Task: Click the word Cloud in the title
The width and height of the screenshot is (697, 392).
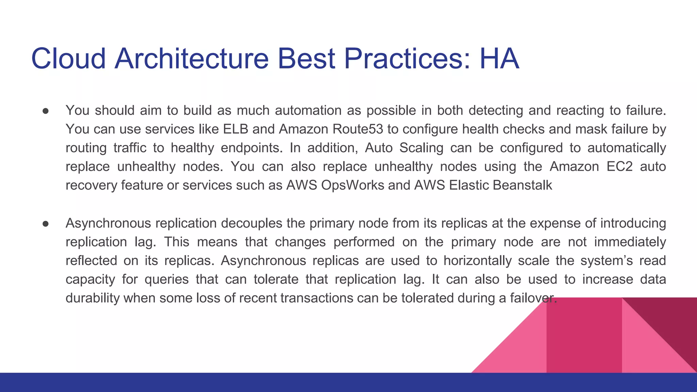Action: pyautogui.click(x=68, y=59)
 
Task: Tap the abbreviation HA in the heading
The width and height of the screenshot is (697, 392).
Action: pyautogui.click(x=499, y=59)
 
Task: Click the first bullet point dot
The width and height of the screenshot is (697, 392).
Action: pyautogui.click(x=46, y=111)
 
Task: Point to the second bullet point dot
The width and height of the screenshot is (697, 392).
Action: pyautogui.click(x=46, y=224)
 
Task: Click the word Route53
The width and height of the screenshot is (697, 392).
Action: pyautogui.click(x=358, y=129)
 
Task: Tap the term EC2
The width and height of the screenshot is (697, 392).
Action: pyautogui.click(x=619, y=167)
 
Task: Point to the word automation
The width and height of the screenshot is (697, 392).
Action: pyautogui.click(x=308, y=111)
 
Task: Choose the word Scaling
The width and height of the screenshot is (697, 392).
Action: pyautogui.click(x=421, y=148)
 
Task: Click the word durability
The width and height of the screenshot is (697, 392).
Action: pyautogui.click(x=93, y=298)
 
